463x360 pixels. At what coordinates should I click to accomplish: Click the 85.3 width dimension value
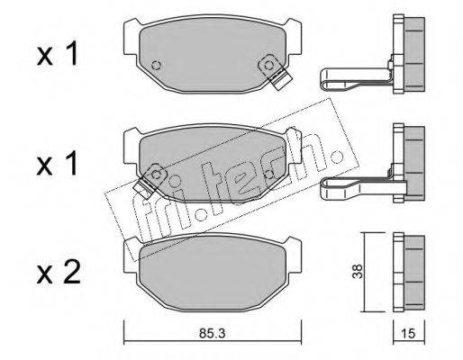click(212, 333)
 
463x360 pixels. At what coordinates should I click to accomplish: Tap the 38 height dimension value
click(358, 272)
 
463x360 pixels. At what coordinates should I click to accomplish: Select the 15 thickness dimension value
click(408, 333)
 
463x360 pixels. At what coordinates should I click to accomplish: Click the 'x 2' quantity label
click(59, 272)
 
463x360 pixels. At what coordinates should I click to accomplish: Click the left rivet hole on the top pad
click(156, 65)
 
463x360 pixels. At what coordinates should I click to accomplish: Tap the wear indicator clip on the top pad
click(275, 71)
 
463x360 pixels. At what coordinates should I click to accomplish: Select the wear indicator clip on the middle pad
click(150, 180)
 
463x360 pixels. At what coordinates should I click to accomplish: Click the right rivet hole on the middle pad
click(269, 174)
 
